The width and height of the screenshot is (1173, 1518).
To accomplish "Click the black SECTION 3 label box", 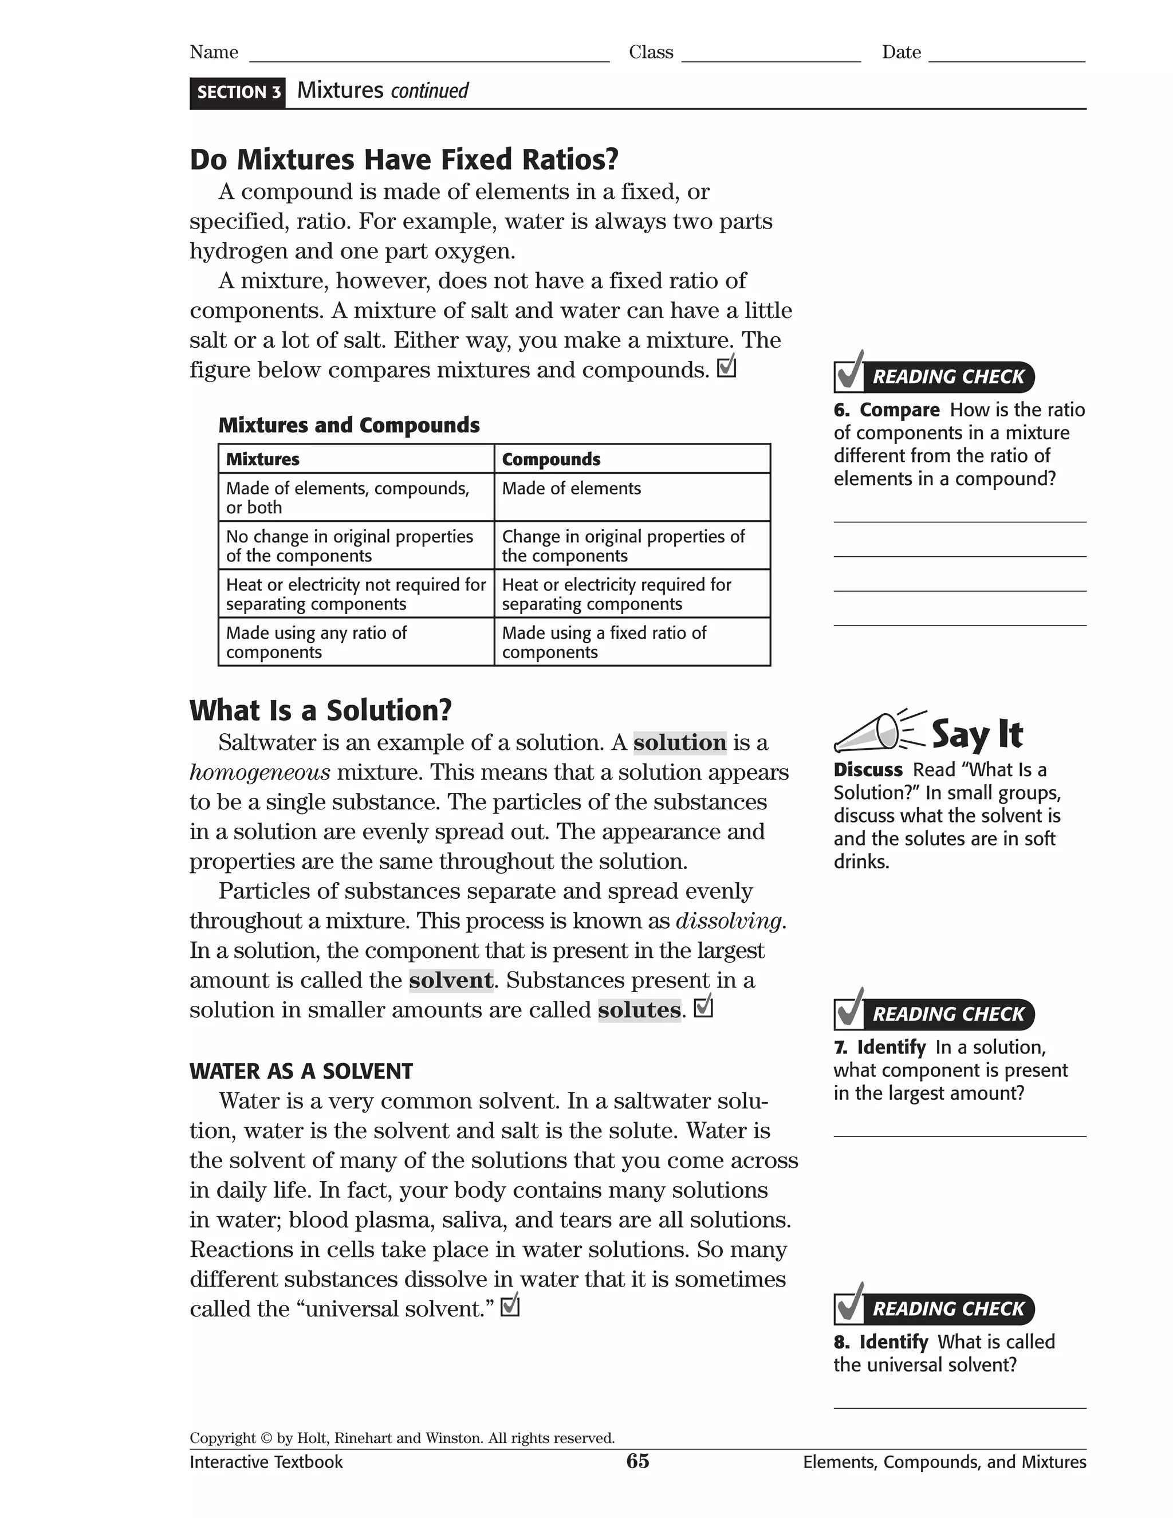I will click(238, 92).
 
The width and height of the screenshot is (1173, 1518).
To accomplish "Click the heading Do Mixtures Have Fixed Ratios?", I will click(404, 159).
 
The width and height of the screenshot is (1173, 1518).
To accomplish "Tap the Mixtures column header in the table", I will click(263, 459).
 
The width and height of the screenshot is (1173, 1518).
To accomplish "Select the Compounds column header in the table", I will click(551, 459).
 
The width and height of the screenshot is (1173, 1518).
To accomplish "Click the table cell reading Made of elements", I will click(571, 489).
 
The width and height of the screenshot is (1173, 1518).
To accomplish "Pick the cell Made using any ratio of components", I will click(316, 642).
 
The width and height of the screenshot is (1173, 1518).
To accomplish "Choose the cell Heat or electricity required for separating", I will click(616, 594).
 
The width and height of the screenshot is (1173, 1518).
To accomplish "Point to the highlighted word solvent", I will click(451, 980).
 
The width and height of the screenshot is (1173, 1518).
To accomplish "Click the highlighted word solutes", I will click(639, 1010).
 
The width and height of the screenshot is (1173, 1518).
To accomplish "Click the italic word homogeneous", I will click(260, 772).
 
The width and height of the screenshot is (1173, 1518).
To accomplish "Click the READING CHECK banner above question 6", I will click(948, 377).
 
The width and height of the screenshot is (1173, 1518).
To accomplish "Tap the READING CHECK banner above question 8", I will click(948, 1309).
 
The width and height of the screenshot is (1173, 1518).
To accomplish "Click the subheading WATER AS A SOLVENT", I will click(301, 1071).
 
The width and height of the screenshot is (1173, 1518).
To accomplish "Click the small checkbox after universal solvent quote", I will click(510, 1307).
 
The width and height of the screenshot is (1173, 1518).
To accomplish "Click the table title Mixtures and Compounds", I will click(349, 426).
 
